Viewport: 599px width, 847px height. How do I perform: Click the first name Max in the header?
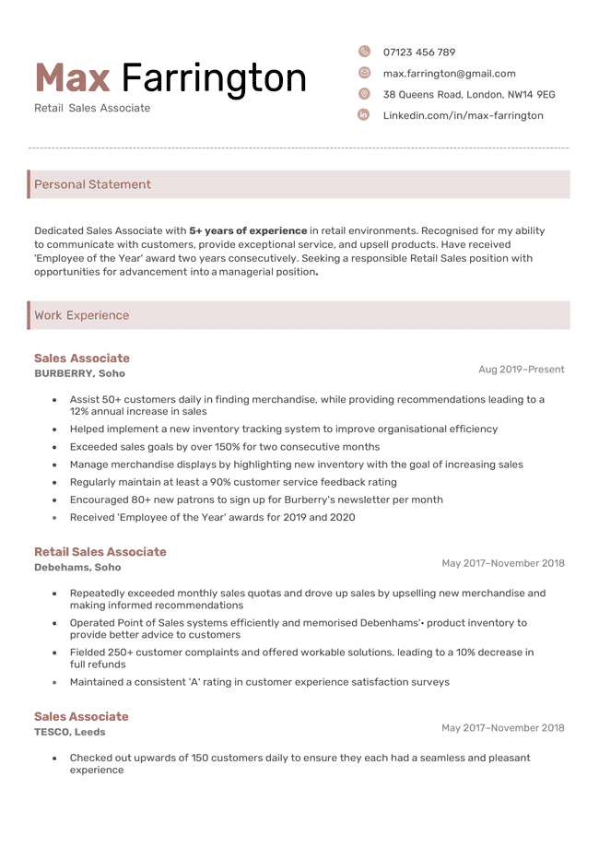[72, 78]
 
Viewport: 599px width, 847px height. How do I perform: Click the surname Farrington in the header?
[214, 78]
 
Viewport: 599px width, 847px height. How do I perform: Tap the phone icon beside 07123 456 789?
[364, 52]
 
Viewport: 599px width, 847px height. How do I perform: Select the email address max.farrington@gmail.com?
[449, 74]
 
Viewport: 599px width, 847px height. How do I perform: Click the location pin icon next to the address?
[364, 94]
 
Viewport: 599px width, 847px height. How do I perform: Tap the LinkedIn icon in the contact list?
[364, 115]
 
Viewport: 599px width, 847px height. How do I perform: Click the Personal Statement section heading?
[92, 184]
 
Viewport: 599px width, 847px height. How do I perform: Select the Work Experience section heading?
[81, 315]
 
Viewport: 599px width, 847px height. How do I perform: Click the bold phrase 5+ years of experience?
[248, 230]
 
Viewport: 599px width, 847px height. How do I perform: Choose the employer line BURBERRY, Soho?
[79, 373]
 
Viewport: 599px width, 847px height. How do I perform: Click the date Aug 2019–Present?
[521, 370]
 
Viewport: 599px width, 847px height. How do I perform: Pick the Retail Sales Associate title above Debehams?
[100, 552]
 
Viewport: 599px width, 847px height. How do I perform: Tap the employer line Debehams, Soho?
[77, 568]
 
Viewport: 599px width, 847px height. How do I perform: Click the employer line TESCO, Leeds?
[69, 732]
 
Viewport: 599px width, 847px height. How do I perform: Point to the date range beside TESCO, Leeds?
[502, 728]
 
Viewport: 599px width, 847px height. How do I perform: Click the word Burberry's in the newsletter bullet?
[317, 500]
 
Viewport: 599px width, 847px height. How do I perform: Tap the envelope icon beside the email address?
[364, 73]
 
